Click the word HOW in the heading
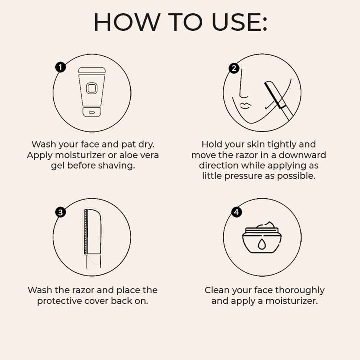click(127, 22)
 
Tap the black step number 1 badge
click(61, 67)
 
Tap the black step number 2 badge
click(234, 68)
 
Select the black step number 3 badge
click(61, 212)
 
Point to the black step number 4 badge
click(236, 212)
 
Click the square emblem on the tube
click(92, 88)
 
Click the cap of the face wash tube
click(92, 112)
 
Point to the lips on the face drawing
click(245, 105)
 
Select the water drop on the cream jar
click(262, 244)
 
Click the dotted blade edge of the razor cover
click(85, 231)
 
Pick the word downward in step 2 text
click(302, 155)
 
